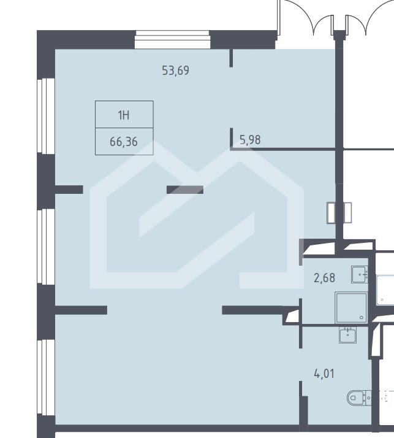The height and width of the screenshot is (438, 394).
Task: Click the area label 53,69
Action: [x=175, y=71]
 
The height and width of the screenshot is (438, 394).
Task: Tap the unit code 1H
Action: [x=124, y=115]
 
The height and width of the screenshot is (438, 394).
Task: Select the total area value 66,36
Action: [x=124, y=142]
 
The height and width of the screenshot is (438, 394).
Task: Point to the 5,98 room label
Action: [x=250, y=140]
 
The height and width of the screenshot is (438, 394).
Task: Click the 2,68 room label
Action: [x=325, y=278]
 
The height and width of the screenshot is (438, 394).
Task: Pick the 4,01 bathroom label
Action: [x=324, y=374]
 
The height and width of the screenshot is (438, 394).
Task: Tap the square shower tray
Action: [x=351, y=307]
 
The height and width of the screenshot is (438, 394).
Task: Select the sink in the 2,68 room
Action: [x=360, y=274]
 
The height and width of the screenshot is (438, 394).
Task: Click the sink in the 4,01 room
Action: [x=347, y=335]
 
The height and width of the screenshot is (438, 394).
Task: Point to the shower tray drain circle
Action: [x=362, y=318]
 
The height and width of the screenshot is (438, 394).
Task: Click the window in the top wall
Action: [x=172, y=39]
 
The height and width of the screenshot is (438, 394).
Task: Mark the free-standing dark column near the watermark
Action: [x=185, y=190]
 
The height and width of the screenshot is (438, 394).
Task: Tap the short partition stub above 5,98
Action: [x=231, y=58]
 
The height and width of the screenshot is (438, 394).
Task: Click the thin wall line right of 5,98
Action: [x=283, y=150]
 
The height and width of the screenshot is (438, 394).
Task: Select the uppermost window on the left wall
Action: [x=46, y=116]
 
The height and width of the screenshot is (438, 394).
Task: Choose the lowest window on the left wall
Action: [x=46, y=377]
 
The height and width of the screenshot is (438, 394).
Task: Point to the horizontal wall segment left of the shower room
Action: [x=252, y=310]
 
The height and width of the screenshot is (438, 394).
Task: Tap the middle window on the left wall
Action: [x=46, y=247]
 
